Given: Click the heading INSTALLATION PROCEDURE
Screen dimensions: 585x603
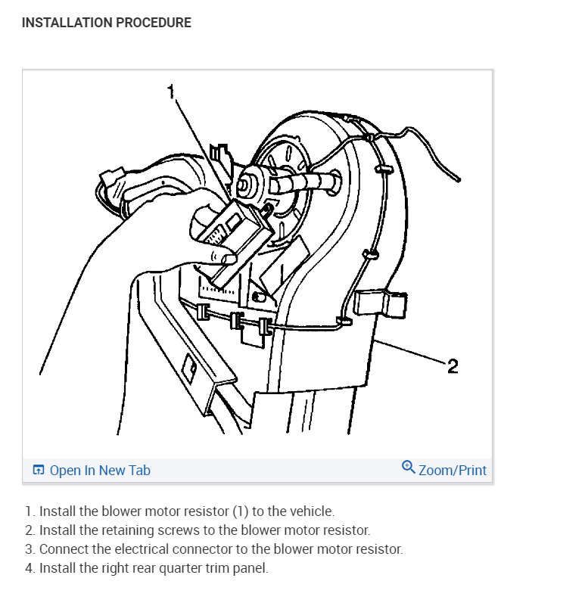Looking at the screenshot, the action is point(107,23).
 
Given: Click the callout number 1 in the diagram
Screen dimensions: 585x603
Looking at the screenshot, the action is point(171,92).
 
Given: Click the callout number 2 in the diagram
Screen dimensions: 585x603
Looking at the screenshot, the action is point(453,366).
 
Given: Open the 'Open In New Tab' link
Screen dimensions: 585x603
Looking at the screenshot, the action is point(100,471).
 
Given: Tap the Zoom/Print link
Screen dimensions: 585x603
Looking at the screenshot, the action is point(453,471).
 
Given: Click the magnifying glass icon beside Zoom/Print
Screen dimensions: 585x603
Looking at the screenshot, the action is point(408,468).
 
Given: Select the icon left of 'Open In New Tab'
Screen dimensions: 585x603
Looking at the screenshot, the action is point(39,470).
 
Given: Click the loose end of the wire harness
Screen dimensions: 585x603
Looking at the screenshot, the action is point(459,179).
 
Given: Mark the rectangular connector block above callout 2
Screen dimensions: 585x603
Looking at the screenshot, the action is point(381,304).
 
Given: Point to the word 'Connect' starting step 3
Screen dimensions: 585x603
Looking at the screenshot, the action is point(64,549).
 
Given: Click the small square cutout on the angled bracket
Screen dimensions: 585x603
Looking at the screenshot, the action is point(189,368).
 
